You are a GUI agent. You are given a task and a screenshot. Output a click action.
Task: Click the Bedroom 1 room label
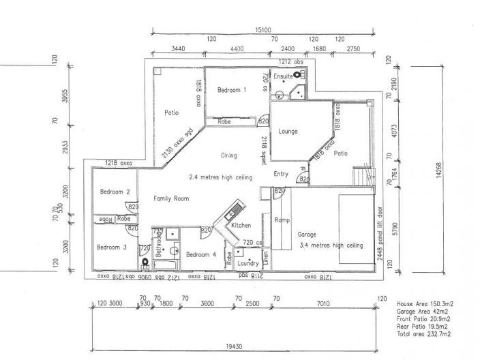click(232, 90)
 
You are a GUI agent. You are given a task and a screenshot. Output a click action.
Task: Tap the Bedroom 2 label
click(109, 192)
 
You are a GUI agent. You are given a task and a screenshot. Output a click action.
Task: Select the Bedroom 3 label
click(111, 247)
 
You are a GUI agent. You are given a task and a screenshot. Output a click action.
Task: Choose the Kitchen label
click(241, 225)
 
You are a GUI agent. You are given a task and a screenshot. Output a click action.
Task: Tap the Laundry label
click(247, 262)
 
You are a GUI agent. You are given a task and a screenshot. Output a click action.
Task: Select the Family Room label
click(171, 198)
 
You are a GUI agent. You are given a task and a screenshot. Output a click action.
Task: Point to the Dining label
click(228, 155)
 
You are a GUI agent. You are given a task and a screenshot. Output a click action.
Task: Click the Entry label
click(281, 174)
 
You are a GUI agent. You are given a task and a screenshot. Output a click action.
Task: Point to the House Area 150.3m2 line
click(425, 301)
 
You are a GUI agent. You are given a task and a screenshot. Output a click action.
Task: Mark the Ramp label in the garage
click(282, 220)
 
